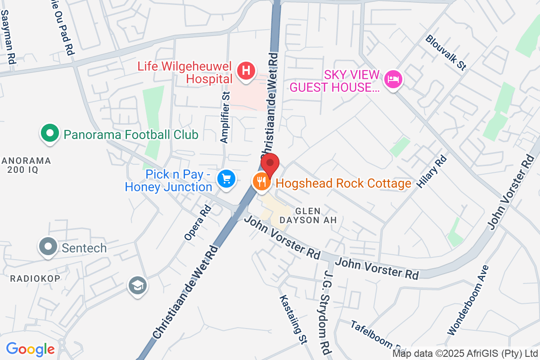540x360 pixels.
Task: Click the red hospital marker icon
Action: click(x=246, y=71)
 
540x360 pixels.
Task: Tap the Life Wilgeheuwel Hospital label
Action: click(x=184, y=73)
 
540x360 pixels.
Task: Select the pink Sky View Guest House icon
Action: click(x=394, y=80)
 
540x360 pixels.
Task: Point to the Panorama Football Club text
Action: click(x=131, y=135)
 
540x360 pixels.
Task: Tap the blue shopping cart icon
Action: click(x=226, y=179)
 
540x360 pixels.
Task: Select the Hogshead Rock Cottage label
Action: click(x=343, y=183)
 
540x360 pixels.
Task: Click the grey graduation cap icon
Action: click(x=137, y=285)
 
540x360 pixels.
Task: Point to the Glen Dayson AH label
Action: click(x=308, y=215)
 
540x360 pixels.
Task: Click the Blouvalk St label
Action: click(x=445, y=52)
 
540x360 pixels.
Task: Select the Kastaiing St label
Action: click(x=292, y=319)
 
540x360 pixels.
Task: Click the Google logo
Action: click(x=30, y=349)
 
